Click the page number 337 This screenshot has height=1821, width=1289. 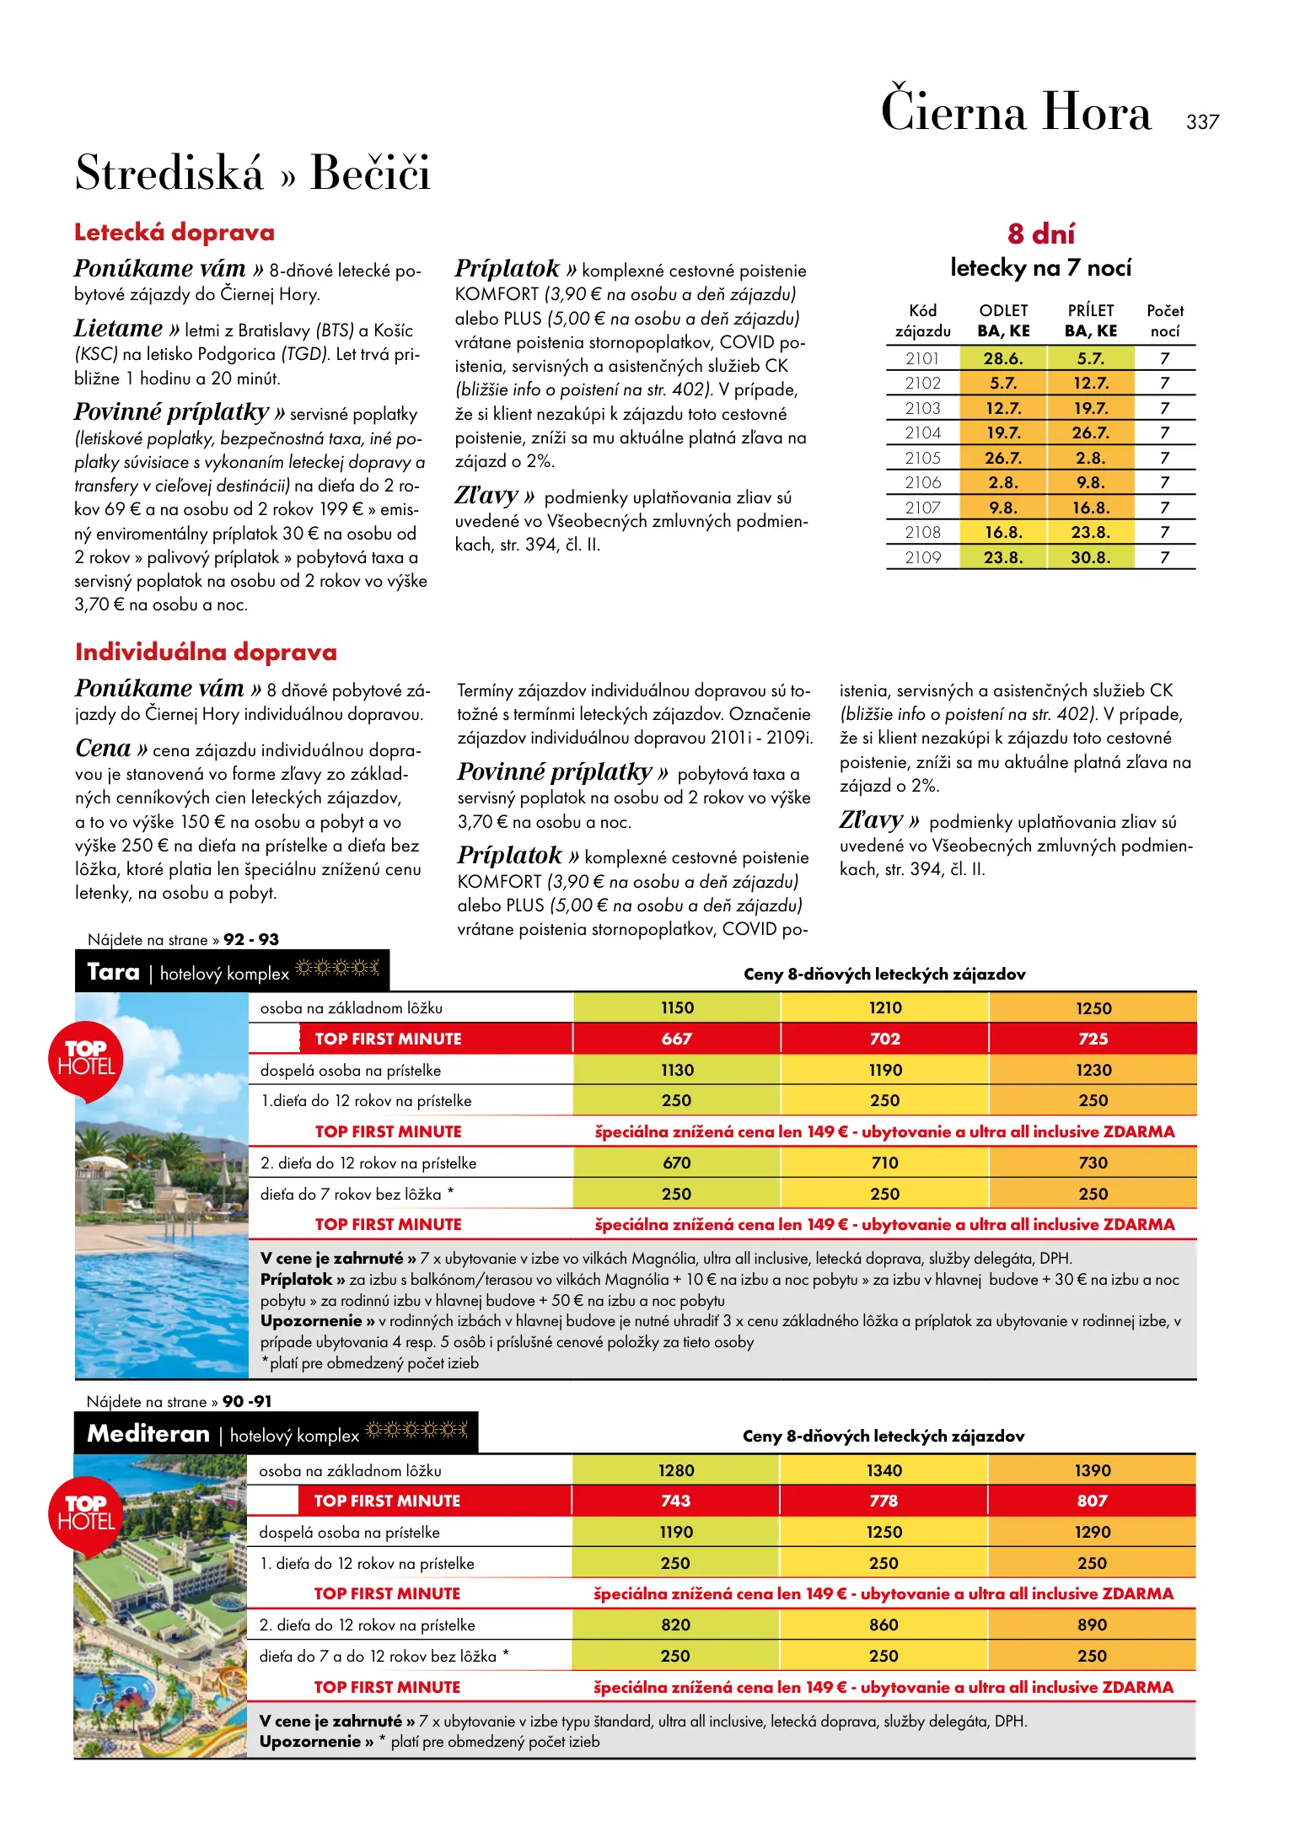click(1202, 122)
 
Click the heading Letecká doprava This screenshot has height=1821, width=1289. click(175, 233)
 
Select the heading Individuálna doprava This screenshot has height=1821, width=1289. click(206, 652)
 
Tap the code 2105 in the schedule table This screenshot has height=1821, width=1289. click(922, 458)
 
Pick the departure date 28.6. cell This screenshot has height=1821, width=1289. click(1003, 358)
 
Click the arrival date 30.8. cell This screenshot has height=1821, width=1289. click(1091, 557)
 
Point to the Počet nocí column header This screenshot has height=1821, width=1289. click(1165, 321)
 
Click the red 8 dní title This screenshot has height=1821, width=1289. click(1041, 234)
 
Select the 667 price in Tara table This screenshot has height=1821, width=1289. click(677, 1039)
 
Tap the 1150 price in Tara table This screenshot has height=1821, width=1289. click(677, 1007)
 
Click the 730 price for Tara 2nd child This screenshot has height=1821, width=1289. click(1093, 1163)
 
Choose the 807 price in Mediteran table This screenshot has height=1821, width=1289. click(1093, 1501)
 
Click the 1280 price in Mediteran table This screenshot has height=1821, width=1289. click(676, 1470)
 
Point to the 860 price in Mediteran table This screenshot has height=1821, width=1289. click(884, 1625)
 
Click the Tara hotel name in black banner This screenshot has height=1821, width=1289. click(114, 972)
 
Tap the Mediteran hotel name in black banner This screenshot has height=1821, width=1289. click(148, 1434)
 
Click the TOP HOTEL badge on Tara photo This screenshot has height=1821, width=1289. click(86, 1059)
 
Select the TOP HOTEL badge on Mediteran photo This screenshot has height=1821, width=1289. click(86, 1514)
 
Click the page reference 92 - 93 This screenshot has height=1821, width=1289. click(251, 939)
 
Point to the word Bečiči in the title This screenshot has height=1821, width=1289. click(370, 173)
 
